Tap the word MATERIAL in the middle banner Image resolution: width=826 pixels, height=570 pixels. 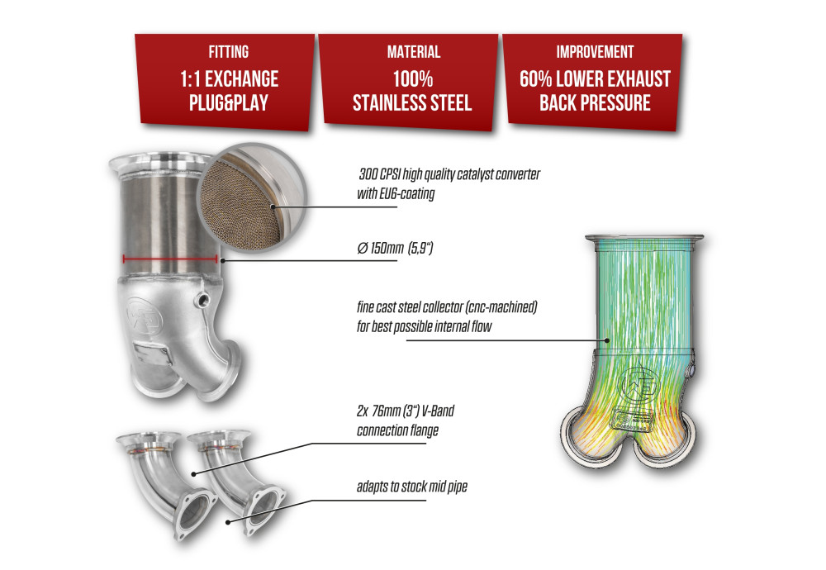pos(413,52)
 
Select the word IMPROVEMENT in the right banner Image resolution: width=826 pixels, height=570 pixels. pos(594,52)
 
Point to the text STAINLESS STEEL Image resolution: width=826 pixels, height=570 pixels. pos(412,102)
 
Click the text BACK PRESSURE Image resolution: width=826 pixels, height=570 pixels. pos(594,102)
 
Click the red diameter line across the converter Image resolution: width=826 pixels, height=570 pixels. pos(169,259)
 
